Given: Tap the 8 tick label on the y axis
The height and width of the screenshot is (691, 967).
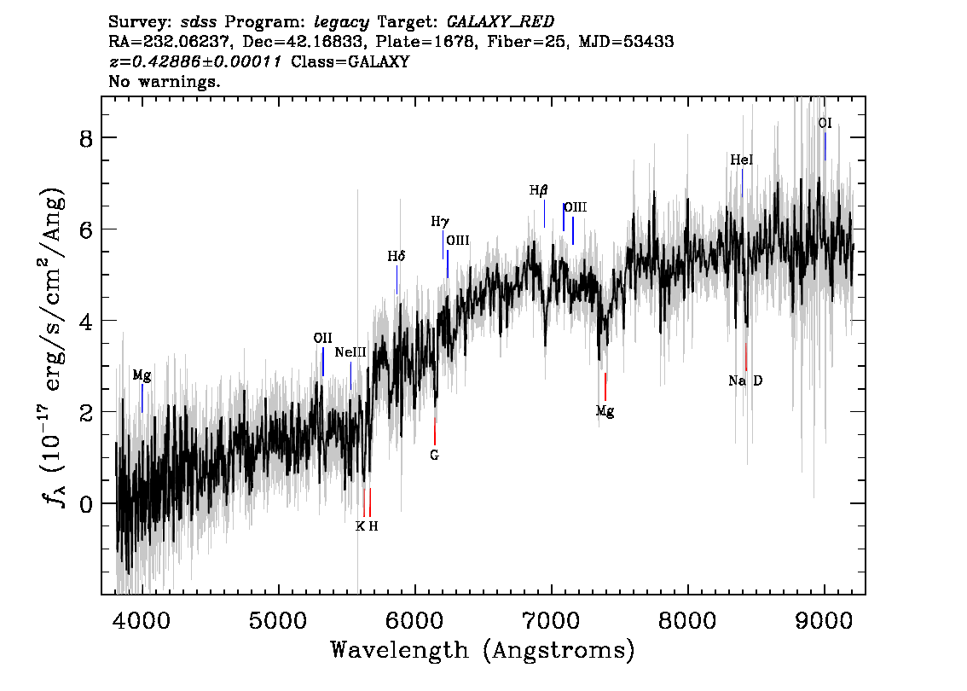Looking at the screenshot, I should point(85,138).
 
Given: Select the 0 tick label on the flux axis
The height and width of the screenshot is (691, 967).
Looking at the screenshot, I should point(85,503).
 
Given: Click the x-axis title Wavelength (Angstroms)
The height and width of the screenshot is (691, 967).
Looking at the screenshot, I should point(483,651).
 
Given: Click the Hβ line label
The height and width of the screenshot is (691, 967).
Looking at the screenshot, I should point(538,190).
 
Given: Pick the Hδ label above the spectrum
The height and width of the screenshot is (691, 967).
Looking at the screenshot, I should point(397,256).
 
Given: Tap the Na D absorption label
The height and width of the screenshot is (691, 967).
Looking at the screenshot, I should point(745,380).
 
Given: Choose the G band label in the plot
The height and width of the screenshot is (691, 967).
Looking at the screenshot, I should point(434,456).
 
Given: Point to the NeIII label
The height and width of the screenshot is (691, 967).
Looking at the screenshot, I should point(350,352).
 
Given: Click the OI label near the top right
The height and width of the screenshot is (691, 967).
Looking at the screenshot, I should point(825,123).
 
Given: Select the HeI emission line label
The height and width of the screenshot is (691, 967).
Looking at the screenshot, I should point(742,160).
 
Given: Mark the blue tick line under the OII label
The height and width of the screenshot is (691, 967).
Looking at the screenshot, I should point(323,362).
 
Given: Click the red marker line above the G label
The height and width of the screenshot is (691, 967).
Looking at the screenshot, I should point(435,431).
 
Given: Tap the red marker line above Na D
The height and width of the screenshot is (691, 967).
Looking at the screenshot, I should point(746,356).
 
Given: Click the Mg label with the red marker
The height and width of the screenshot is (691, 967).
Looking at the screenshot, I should point(605,411).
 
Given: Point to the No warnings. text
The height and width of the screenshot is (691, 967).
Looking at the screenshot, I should point(165,82).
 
